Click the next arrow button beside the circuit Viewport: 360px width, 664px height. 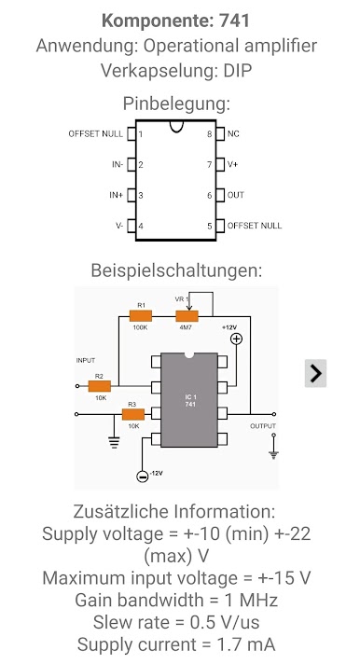[315, 373]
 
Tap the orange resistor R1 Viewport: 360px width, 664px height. [141, 316]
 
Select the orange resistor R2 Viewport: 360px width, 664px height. [100, 386]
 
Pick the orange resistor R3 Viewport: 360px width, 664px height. [133, 414]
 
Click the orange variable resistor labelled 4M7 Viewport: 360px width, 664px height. [187, 316]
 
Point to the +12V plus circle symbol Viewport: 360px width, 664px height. [236, 339]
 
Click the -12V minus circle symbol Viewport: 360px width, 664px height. [143, 476]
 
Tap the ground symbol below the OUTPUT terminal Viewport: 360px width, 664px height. [273, 455]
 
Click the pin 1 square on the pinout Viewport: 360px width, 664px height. [132, 133]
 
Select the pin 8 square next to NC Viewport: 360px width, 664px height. [220, 133]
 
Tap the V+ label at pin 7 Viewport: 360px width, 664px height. [232, 164]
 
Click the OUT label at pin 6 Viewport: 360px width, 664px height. [236, 195]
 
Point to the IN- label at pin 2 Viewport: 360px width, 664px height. [118, 164]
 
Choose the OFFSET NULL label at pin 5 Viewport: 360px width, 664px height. [255, 226]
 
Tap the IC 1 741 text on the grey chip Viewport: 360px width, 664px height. [190, 401]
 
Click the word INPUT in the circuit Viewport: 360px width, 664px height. [86, 360]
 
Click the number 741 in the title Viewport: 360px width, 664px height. [234, 21]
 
